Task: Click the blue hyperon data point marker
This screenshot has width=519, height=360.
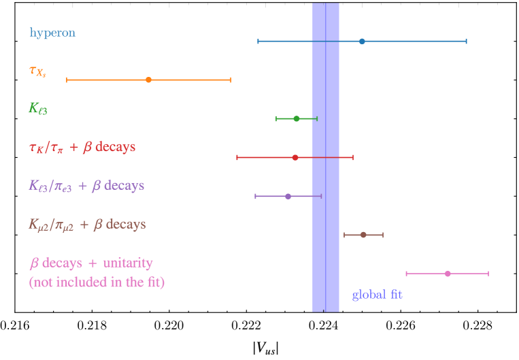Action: [x=362, y=42]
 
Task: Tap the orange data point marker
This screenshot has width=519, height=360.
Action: [x=148, y=80]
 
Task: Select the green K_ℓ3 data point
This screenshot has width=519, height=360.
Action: [x=296, y=118]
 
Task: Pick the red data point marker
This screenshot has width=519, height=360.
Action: [x=295, y=157]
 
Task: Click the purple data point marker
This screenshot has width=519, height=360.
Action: [x=288, y=196]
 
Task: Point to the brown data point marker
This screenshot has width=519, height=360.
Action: [x=363, y=235]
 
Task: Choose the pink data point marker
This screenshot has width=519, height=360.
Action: [x=447, y=274]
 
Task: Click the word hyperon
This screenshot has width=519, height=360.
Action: [x=52, y=33]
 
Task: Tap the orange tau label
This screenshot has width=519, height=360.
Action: [x=37, y=71]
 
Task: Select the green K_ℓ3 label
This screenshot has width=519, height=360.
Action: [x=38, y=108]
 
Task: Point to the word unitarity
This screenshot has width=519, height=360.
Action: [x=127, y=263]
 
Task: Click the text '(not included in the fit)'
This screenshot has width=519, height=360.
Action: [x=97, y=282]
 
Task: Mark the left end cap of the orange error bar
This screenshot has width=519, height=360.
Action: [x=67, y=80]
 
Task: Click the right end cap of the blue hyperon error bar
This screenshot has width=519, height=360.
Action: [x=466, y=42]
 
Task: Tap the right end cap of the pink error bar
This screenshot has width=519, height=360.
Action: [x=488, y=274]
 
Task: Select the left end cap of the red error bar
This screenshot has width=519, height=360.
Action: [x=237, y=157]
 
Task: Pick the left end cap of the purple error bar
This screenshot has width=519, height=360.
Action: [x=255, y=196]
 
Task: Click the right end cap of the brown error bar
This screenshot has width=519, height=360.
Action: [x=383, y=235]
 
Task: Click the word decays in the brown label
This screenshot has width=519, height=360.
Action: [x=126, y=225]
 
